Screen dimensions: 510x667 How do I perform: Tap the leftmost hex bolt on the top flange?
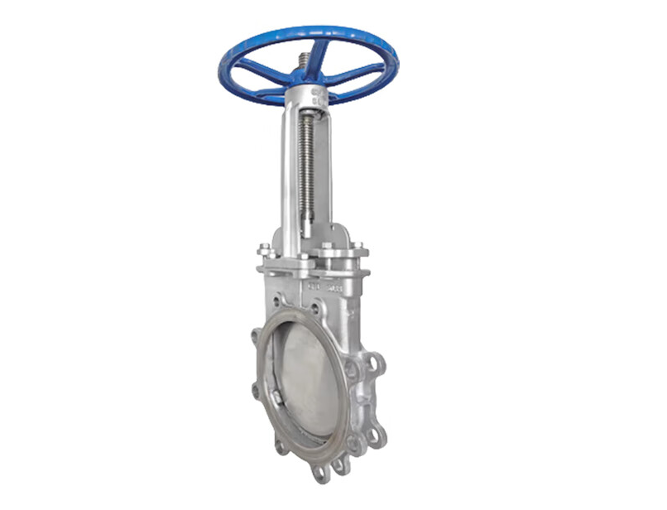264,248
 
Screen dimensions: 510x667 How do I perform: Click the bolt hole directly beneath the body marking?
317,310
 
